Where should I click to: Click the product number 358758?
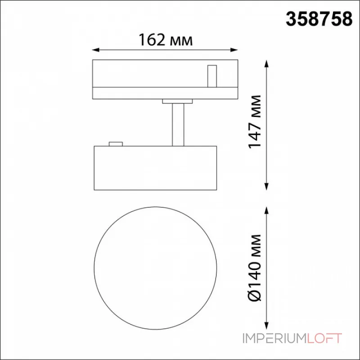pyautogui.click(x=319, y=19)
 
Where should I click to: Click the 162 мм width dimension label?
pyautogui.click(x=166, y=40)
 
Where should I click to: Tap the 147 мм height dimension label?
pyautogui.click(x=255, y=121)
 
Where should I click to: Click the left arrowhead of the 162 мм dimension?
pyautogui.click(x=95, y=50)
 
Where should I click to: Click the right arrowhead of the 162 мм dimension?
pyautogui.click(x=234, y=50)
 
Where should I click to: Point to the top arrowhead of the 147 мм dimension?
pyautogui.click(x=266, y=63)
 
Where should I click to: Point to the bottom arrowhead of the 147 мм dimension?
pyautogui.click(x=266, y=186)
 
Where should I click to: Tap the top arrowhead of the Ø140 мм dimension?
pyautogui.click(x=266, y=210)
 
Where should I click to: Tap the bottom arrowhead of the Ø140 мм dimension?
pyautogui.click(x=266, y=326)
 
